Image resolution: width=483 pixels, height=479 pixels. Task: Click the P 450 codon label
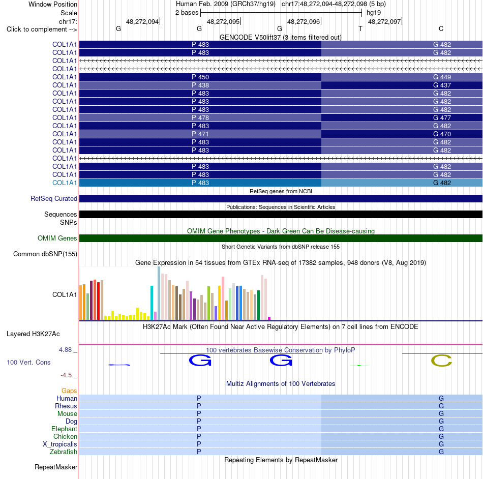[x=200, y=77]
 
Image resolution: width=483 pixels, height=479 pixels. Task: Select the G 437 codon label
[x=442, y=85]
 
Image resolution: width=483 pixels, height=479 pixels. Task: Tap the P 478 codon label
[x=200, y=117]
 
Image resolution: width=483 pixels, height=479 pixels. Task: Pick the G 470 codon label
[x=442, y=134]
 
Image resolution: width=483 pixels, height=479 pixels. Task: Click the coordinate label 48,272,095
[x=223, y=21]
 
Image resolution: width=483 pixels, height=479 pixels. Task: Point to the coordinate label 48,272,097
[x=384, y=21]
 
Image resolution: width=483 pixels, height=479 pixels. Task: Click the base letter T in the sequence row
[x=360, y=28]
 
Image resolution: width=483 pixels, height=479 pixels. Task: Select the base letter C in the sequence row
[x=441, y=28]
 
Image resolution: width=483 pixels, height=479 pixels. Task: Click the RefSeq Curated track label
[x=54, y=199]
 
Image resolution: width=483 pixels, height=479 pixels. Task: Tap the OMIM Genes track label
[x=57, y=238]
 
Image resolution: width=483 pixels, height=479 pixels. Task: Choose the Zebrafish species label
[x=64, y=452]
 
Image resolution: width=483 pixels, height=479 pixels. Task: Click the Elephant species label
[x=65, y=429]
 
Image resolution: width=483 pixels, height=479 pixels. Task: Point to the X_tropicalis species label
[x=60, y=444]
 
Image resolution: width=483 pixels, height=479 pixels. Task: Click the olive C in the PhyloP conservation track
[x=441, y=361]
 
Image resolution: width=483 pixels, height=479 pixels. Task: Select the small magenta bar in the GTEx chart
[x=269, y=318]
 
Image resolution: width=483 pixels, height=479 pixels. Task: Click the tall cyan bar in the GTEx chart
[x=152, y=303]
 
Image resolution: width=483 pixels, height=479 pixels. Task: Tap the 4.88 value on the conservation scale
[x=65, y=350]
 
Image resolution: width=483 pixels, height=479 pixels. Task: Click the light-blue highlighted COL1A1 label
[x=65, y=183]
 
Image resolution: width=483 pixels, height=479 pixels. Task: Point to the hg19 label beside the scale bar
[x=374, y=13]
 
